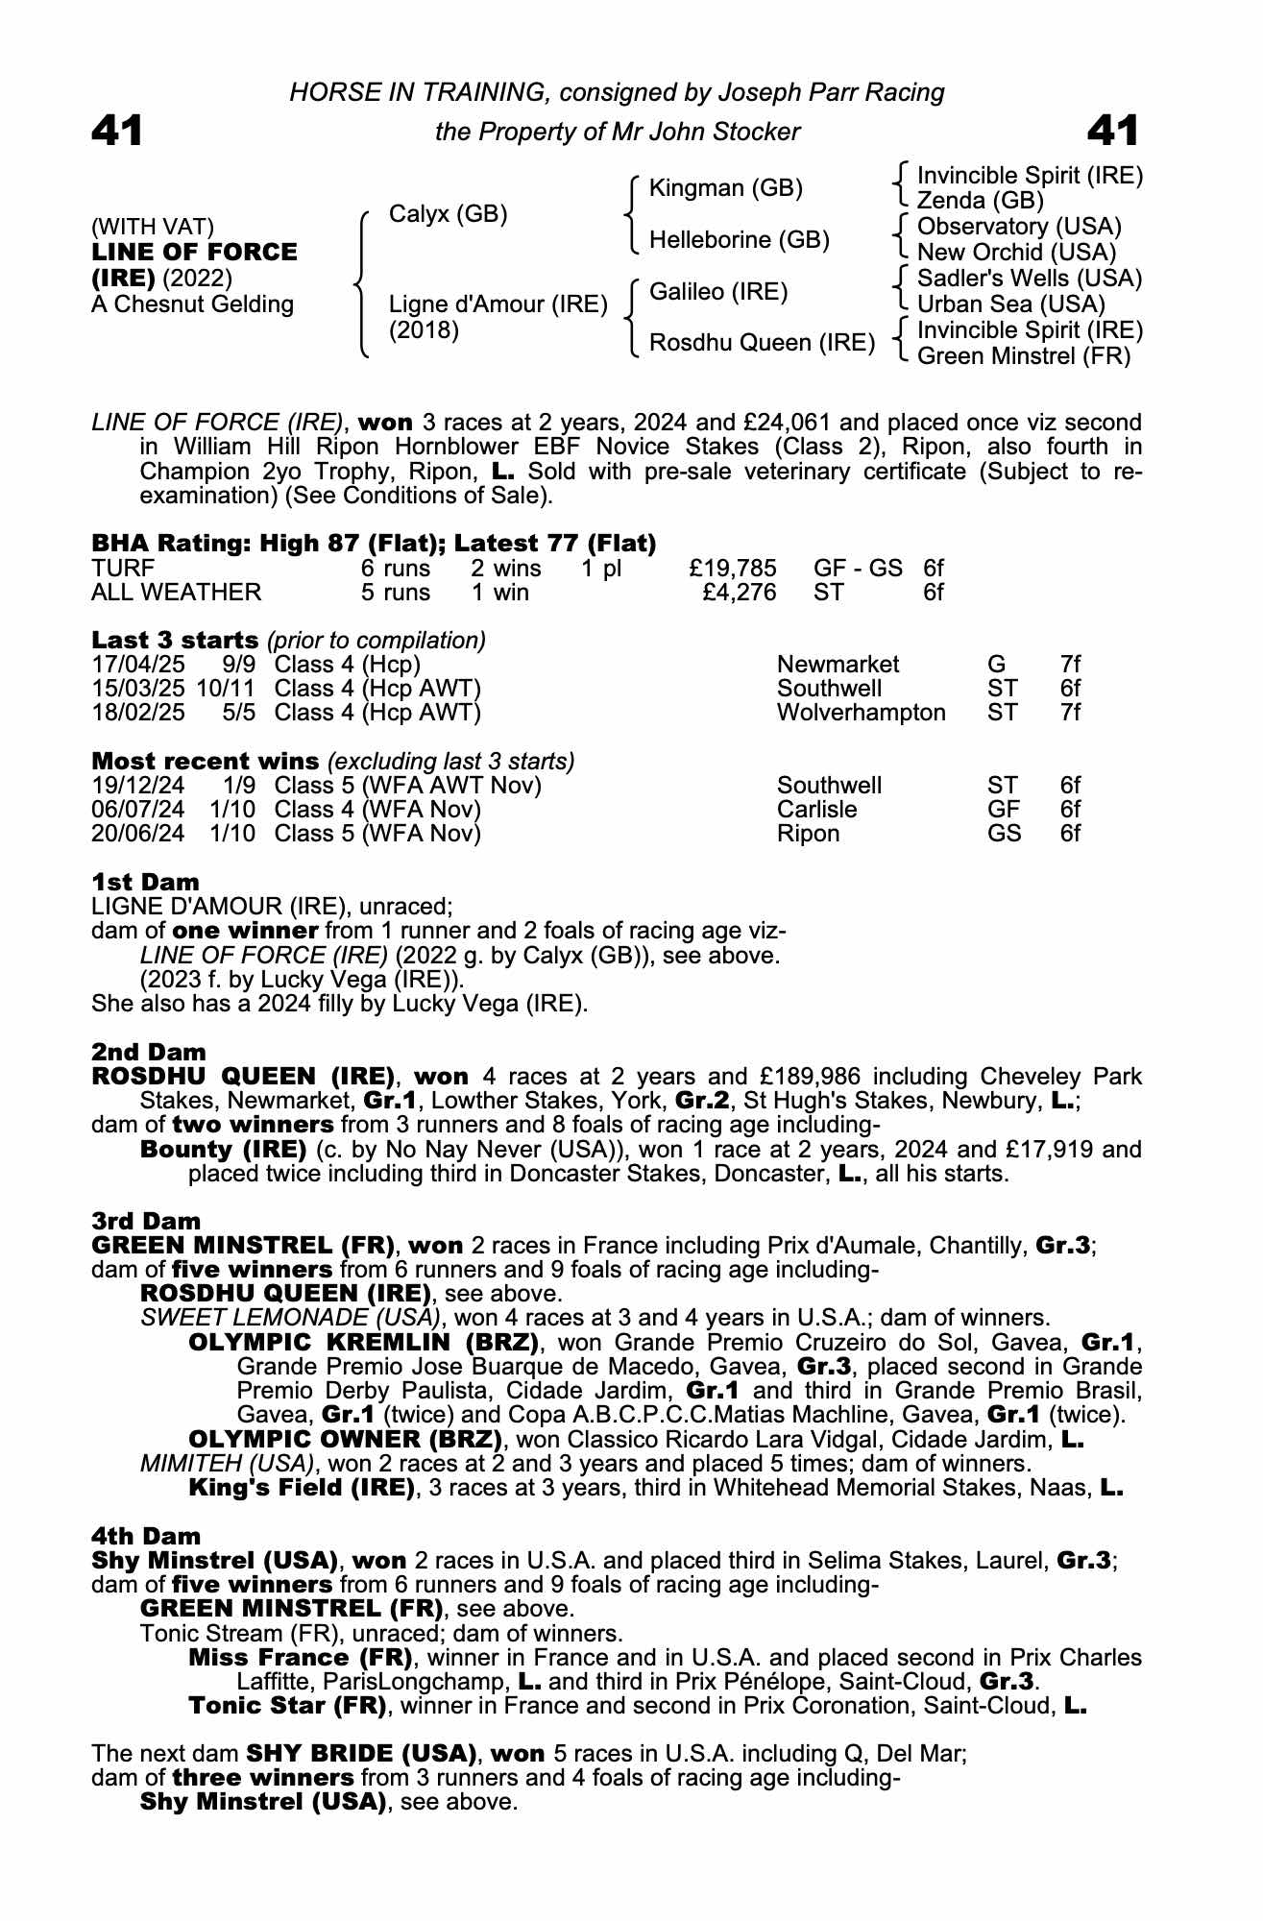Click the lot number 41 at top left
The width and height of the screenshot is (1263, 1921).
pyautogui.click(x=117, y=132)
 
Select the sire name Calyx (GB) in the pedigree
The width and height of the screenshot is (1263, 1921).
pyautogui.click(x=448, y=214)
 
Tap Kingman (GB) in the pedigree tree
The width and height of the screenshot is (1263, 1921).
pyautogui.click(x=725, y=188)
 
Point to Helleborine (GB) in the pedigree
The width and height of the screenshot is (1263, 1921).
pyautogui.click(x=739, y=240)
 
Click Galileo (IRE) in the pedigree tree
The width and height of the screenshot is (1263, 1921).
pyautogui.click(x=718, y=292)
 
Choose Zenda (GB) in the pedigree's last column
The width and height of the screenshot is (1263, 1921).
pyautogui.click(x=980, y=201)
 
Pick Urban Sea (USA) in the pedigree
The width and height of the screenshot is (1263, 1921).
pyautogui.click(x=1010, y=304)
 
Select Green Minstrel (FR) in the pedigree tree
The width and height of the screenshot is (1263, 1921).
pyautogui.click(x=1024, y=356)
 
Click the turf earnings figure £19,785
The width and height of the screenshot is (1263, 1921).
pyautogui.click(x=733, y=569)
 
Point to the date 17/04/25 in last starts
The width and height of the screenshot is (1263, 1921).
pyautogui.click(x=138, y=665)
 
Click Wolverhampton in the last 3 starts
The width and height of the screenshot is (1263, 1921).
pyautogui.click(x=861, y=713)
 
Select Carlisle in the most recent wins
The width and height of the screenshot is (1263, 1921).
pyautogui.click(x=816, y=810)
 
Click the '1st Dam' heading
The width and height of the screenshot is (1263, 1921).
pyautogui.click(x=146, y=882)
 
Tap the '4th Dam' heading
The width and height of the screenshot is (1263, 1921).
pyautogui.click(x=146, y=1537)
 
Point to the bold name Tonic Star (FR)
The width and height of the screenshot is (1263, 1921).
pyautogui.click(x=287, y=1706)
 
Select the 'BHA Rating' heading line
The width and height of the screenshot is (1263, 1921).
pyautogui.click(x=374, y=544)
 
